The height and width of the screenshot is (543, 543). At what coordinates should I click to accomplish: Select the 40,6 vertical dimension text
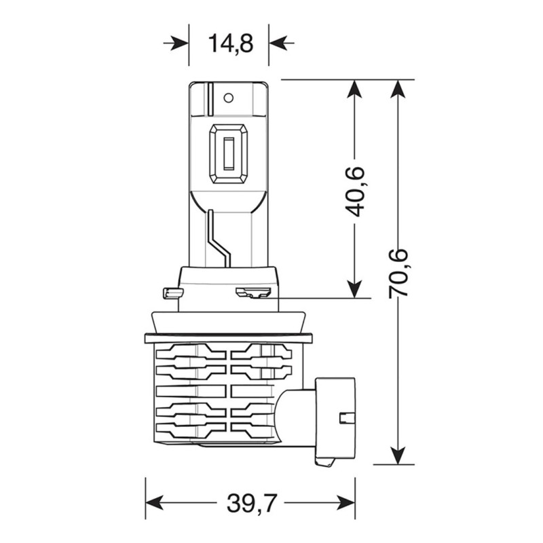(x=354, y=191)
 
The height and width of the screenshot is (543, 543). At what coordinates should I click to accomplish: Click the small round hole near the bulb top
(x=229, y=98)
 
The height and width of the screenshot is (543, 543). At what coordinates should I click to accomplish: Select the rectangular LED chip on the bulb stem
(x=229, y=153)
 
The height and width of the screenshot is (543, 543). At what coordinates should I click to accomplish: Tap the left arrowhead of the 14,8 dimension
(x=180, y=43)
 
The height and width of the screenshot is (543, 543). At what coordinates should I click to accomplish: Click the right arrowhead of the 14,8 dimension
(x=278, y=43)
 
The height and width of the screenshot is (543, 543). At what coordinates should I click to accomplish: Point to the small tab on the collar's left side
(x=173, y=293)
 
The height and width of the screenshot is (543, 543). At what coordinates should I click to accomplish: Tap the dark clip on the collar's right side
(x=252, y=293)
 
